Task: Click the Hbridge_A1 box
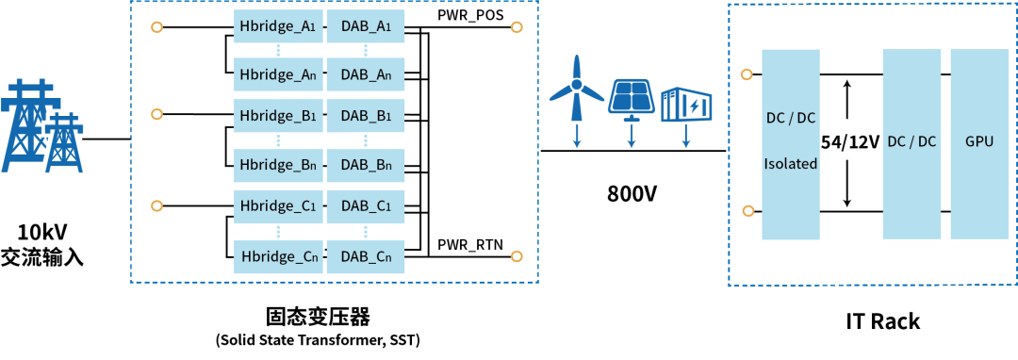pos(277,27)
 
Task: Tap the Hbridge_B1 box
pos(277,117)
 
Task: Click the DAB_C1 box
pos(366,206)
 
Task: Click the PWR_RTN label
pos(470,244)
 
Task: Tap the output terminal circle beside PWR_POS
pos(517,27)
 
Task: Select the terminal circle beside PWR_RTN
pos(517,256)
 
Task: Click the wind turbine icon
pos(576,88)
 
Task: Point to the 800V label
pos(632,193)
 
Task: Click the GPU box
pos(979,143)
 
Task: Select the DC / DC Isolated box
pos(790,143)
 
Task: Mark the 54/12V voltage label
pos(848,142)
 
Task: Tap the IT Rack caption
pos(883,321)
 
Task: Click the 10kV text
pos(43,231)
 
